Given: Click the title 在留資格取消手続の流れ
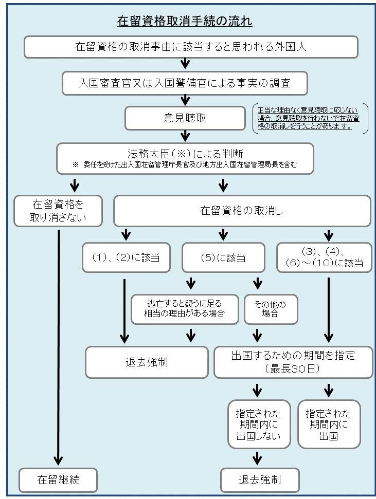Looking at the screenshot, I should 184,22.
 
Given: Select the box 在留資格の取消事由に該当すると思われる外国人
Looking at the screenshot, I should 190,47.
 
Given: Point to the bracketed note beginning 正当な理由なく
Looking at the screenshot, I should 310,118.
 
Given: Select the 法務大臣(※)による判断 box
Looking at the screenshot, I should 185,154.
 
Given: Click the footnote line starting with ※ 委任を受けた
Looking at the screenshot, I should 185,165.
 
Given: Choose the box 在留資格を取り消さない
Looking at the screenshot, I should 58,210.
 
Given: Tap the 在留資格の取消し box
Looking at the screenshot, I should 241,210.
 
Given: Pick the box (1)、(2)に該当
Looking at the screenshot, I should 126,257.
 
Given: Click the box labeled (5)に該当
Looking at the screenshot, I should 223,257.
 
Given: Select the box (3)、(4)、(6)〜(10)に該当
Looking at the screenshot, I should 325,257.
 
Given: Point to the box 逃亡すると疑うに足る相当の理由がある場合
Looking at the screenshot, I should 185,309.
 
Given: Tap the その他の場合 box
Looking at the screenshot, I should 270,309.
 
